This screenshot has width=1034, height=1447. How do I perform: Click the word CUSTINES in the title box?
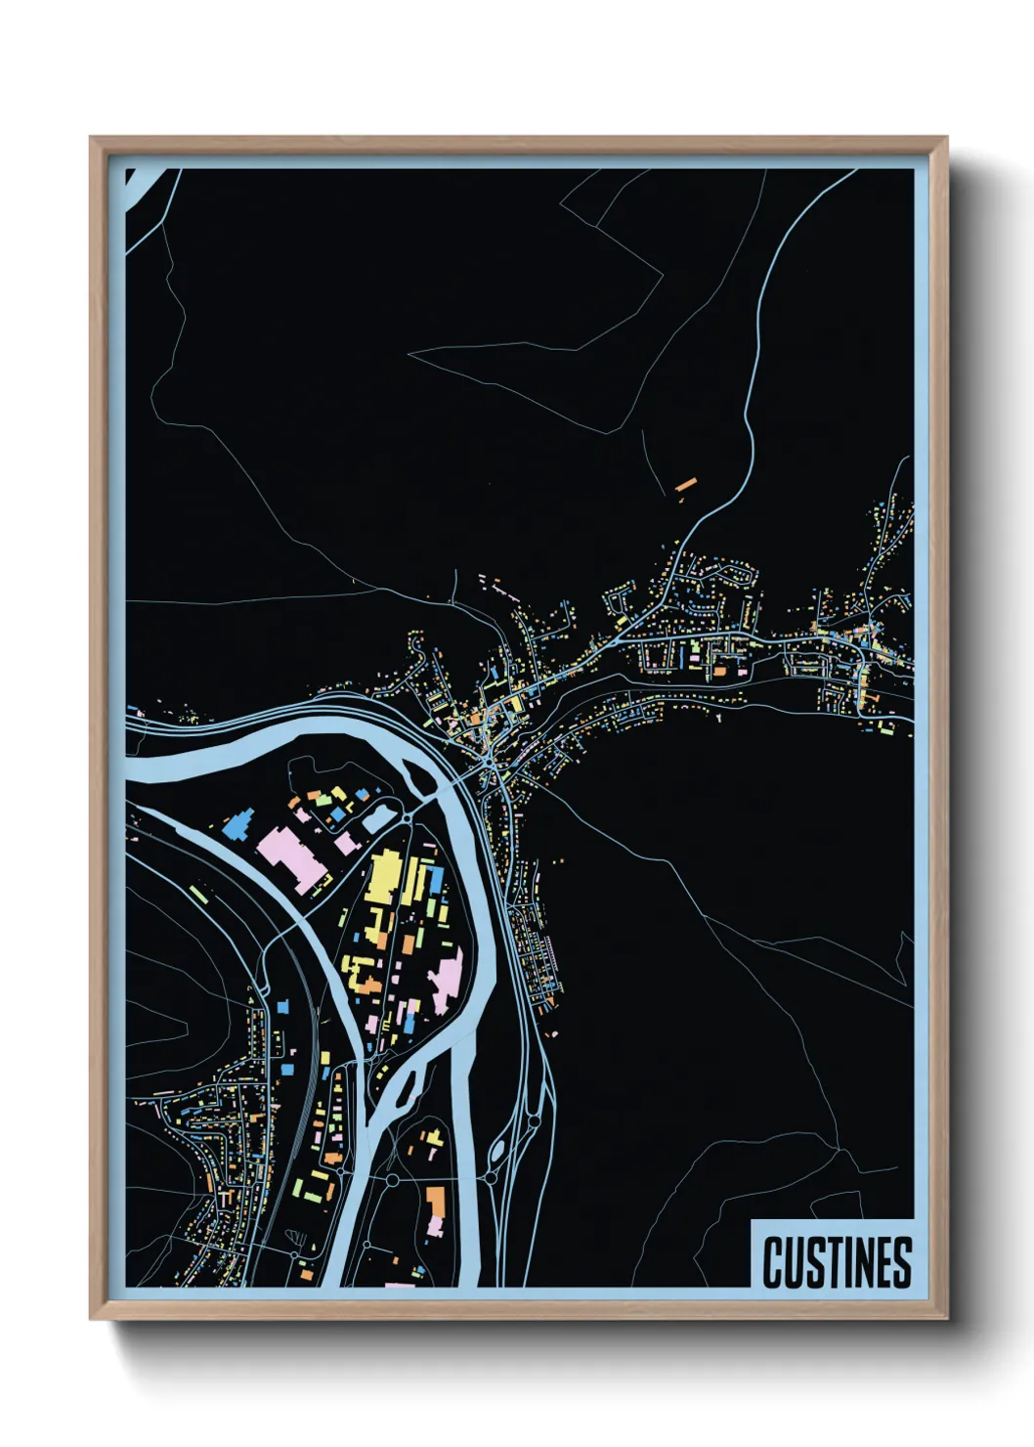pyautogui.click(x=836, y=1261)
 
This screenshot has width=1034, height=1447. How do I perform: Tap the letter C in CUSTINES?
pyautogui.click(x=773, y=1261)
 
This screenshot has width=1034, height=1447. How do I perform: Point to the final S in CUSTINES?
pyautogui.click(x=901, y=1261)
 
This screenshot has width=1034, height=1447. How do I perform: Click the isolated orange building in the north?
pyautogui.click(x=684, y=483)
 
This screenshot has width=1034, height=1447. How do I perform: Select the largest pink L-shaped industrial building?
pyautogui.click(x=290, y=855)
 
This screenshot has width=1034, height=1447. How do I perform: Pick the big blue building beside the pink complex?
pyautogui.click(x=237, y=826)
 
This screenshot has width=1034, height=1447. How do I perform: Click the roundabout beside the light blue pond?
pyautogui.click(x=407, y=816)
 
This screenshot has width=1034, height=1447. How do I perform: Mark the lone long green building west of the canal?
pyautogui.click(x=198, y=894)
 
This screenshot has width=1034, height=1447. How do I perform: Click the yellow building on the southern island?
pyautogui.click(x=431, y=1138)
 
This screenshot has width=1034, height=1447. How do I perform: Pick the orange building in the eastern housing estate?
pyautogui.click(x=721, y=670)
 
